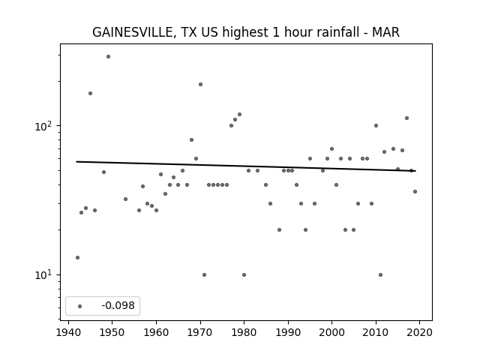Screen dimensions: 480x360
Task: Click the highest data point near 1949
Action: [x=108, y=57]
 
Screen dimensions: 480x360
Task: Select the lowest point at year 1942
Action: [x=77, y=257]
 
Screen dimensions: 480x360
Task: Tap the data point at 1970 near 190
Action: [x=200, y=85]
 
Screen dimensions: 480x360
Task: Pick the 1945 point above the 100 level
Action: [x=90, y=93]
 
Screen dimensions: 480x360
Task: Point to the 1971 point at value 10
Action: [x=204, y=275]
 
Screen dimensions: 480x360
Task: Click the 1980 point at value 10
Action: [x=244, y=275]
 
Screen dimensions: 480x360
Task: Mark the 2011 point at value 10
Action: [x=380, y=275]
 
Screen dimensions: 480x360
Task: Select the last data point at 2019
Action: [x=415, y=192]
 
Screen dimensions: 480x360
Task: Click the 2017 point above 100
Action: [x=406, y=118]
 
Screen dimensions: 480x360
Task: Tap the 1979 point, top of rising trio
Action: [x=240, y=115]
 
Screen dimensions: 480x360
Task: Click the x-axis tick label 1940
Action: [x=68, y=332]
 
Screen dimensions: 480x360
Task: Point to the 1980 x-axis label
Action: [x=244, y=332]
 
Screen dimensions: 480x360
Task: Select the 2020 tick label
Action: [x=419, y=332]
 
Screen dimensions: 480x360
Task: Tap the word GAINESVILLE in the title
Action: [x=134, y=32]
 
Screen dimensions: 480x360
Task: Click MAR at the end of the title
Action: [x=385, y=31]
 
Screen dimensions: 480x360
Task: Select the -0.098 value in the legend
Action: [x=118, y=305]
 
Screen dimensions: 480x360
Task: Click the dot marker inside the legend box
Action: [x=80, y=306]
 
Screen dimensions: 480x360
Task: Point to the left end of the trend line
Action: [x=76, y=162]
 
